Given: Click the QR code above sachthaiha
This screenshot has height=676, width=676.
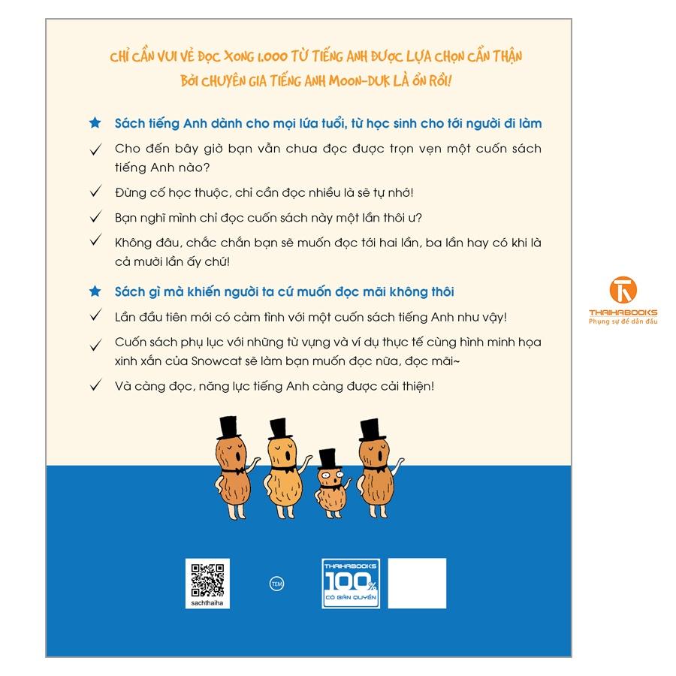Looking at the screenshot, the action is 207,581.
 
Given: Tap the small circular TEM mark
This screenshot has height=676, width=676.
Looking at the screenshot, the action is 276,584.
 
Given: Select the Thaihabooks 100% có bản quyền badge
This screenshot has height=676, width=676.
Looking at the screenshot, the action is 351,584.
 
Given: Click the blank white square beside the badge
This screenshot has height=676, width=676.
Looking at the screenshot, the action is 417,584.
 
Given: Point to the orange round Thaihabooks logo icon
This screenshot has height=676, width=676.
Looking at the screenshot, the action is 623,290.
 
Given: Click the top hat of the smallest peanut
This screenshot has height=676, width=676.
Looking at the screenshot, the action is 328,459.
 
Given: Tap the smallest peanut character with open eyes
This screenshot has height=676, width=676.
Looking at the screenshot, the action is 332,484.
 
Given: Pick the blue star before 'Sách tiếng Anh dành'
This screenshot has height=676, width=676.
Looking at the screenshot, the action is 95,123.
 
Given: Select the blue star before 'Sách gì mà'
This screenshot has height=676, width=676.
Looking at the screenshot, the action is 95,291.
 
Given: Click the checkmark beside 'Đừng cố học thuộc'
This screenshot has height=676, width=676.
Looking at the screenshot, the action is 95,191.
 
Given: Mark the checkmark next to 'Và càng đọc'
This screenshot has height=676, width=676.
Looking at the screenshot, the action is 95,385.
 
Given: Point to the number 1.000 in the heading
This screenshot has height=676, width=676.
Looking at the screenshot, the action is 272,56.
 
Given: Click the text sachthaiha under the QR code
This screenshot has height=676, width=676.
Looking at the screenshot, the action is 207,602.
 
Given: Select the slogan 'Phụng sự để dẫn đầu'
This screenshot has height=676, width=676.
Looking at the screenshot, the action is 623,321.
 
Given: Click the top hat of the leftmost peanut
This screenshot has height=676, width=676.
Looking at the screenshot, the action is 230,427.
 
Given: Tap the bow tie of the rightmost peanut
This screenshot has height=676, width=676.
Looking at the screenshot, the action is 375,468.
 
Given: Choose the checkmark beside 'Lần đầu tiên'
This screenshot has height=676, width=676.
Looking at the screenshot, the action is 95,315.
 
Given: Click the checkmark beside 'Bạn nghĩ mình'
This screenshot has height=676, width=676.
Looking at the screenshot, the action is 95,216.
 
